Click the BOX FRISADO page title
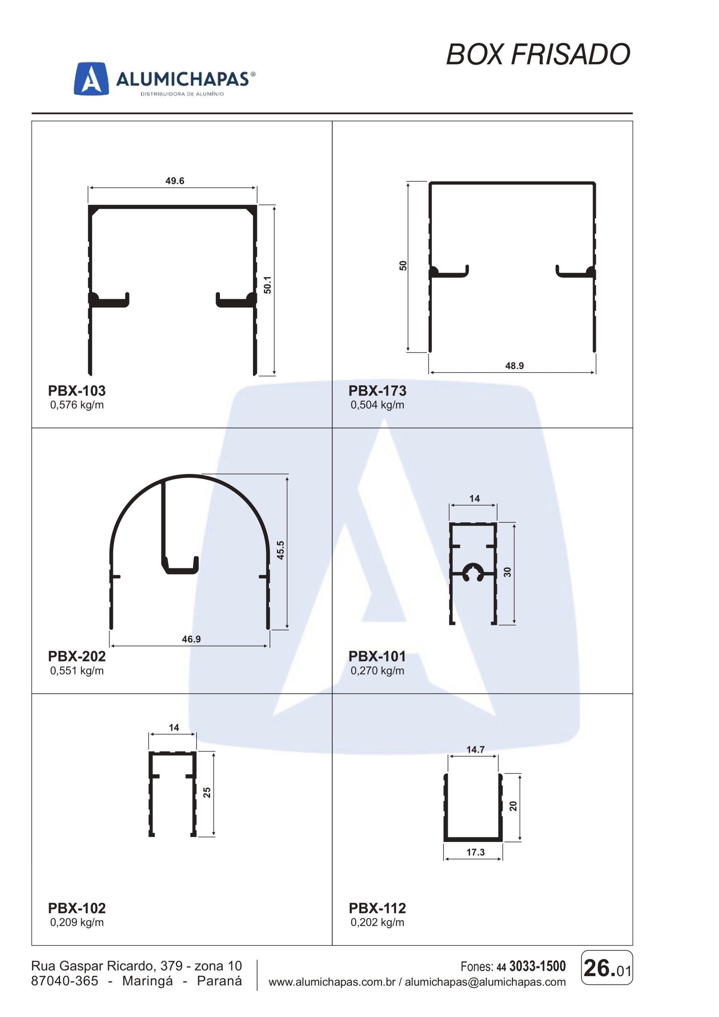(538, 54)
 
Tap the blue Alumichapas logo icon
(91, 78)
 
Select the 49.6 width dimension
(174, 181)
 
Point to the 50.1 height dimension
(268, 285)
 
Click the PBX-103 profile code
(77, 391)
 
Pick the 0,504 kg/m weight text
(377, 405)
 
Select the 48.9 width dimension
(515, 365)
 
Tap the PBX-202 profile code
(77, 656)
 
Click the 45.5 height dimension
(280, 550)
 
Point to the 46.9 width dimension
(191, 639)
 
